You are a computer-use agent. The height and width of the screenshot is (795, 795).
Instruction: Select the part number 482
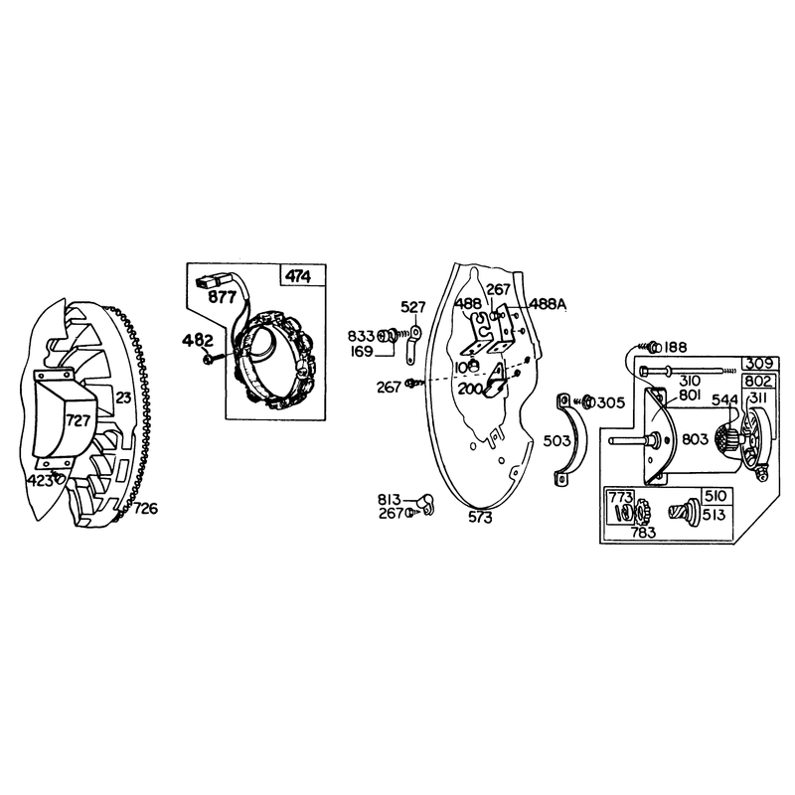point(198,340)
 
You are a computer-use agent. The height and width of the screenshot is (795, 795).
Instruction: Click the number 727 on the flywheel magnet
point(78,420)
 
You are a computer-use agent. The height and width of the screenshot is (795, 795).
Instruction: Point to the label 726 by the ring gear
point(145,508)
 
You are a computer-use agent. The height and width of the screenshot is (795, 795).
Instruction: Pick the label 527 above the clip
point(413,307)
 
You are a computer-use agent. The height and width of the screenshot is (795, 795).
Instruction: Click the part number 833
point(361,336)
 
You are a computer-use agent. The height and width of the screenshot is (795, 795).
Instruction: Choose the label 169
point(362,352)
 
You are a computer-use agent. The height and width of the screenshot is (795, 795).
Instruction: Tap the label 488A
point(548,304)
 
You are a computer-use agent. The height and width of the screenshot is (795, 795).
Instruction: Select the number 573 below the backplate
point(480,518)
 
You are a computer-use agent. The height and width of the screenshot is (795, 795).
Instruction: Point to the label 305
point(611,403)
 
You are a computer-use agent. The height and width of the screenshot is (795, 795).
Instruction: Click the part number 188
point(675,347)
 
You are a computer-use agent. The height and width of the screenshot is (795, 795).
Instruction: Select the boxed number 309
point(759,364)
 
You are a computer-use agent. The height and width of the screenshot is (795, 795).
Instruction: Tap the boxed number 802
point(758,382)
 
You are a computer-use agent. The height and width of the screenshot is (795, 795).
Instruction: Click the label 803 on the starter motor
point(695,439)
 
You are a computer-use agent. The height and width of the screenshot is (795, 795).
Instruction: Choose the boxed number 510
point(715,496)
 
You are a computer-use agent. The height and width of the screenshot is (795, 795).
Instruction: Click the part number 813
point(389,500)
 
